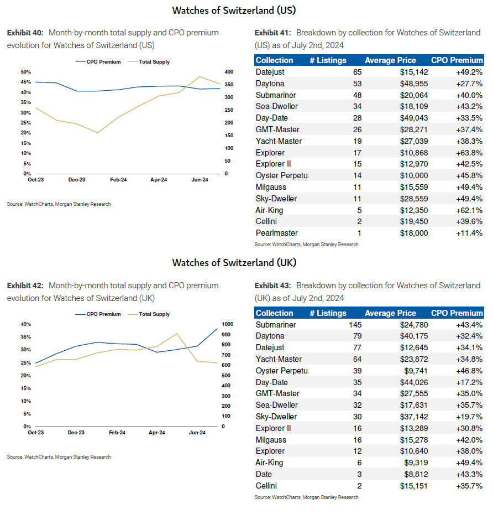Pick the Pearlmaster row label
[276, 233]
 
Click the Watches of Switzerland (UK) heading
[234, 263]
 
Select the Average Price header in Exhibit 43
[390, 313]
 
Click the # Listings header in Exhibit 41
[328, 60]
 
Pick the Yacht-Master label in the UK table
[279, 359]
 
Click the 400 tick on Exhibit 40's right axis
[229, 72]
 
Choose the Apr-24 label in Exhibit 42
[158, 433]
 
